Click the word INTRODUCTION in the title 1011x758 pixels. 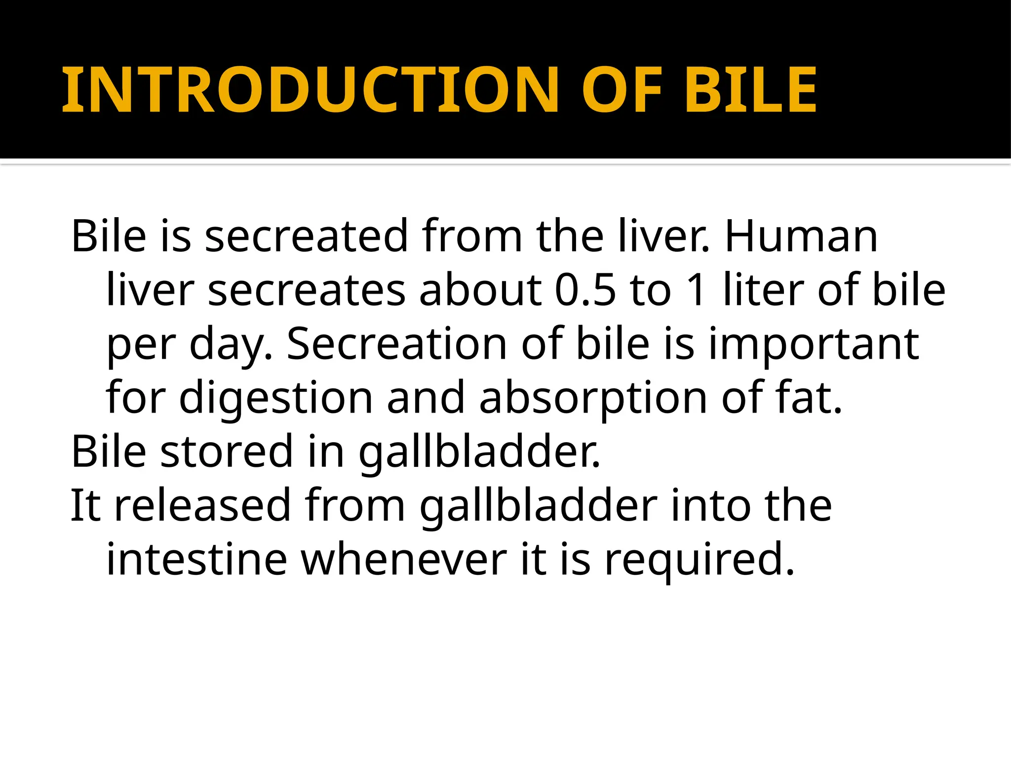click(x=310, y=90)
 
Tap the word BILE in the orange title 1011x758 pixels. click(x=751, y=90)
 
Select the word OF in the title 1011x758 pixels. click(x=622, y=90)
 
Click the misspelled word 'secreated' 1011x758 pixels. click(x=306, y=236)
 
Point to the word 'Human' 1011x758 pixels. click(x=801, y=236)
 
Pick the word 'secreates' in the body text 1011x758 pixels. click(x=307, y=290)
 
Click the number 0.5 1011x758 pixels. click(x=586, y=290)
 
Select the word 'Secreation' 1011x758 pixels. click(x=397, y=343)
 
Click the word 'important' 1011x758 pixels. click(x=814, y=343)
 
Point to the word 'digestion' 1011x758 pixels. click(x=275, y=398)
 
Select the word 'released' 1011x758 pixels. click(x=202, y=505)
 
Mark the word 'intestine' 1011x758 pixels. click(x=197, y=560)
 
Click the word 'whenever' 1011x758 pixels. click(x=404, y=560)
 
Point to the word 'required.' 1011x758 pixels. click(x=700, y=560)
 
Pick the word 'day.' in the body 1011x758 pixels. click(x=231, y=343)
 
